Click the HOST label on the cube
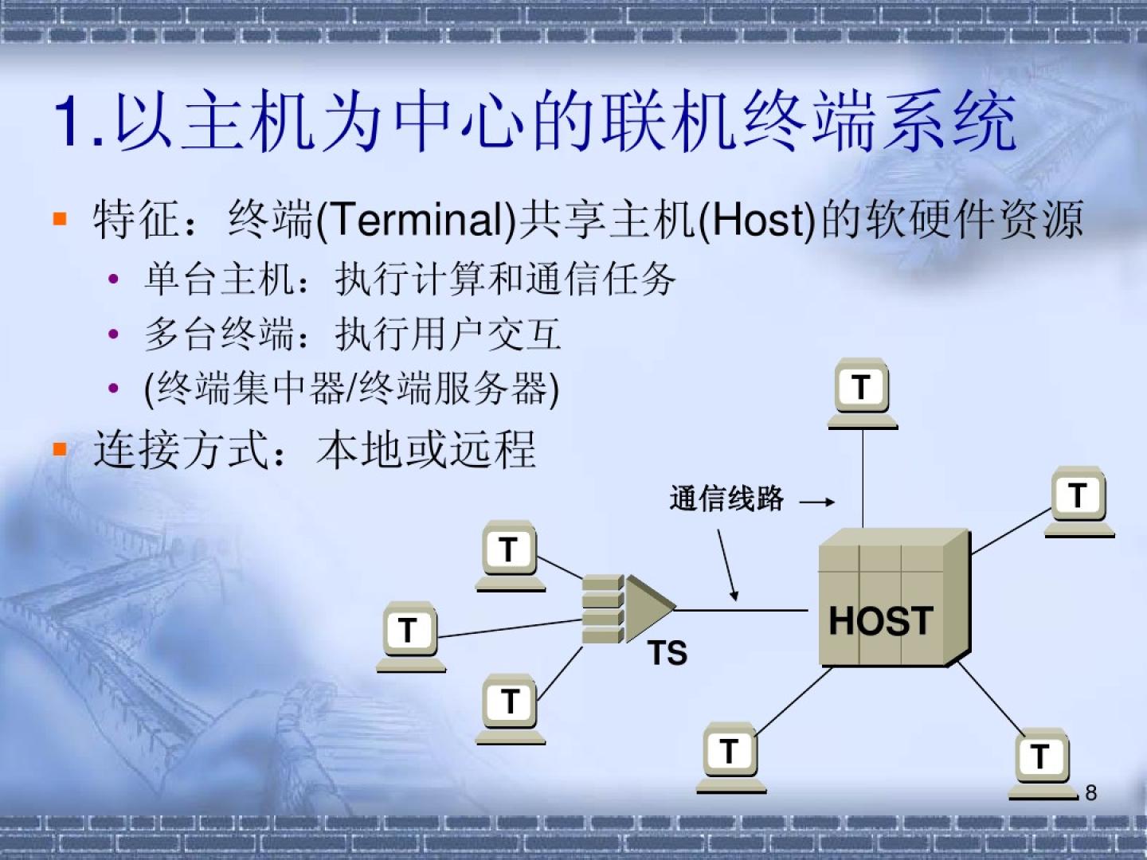click(x=880, y=621)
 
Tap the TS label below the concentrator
click(x=667, y=653)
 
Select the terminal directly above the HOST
click(x=863, y=393)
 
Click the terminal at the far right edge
click(x=1079, y=502)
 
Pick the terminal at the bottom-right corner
click(x=1043, y=764)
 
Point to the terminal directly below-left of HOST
click(x=731, y=757)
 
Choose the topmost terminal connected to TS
click(x=510, y=556)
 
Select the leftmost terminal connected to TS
click(x=411, y=637)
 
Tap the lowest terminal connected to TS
click(x=510, y=709)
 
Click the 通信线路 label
click(x=726, y=498)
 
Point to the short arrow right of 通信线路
click(x=816, y=502)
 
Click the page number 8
click(x=1091, y=792)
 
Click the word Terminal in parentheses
click(x=417, y=220)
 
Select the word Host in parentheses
click(x=757, y=220)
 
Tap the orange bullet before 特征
click(x=60, y=218)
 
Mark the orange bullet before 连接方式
click(x=60, y=448)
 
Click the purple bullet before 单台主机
click(x=113, y=279)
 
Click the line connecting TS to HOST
click(x=742, y=609)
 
